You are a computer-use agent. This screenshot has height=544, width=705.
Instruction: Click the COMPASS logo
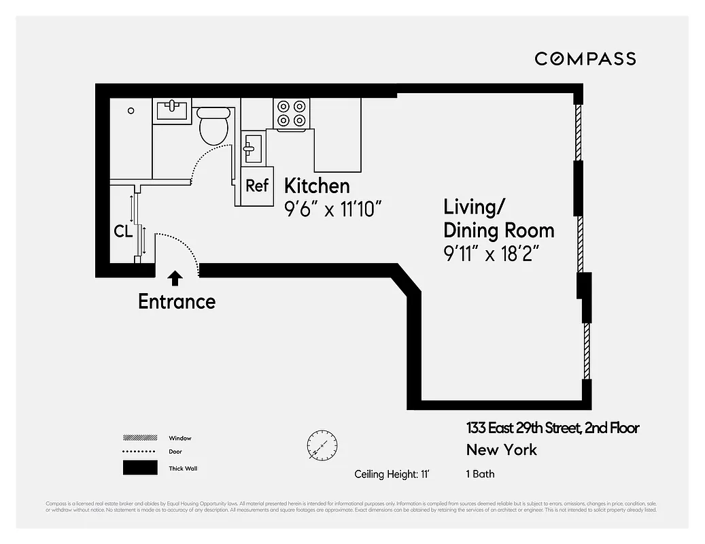click(585, 59)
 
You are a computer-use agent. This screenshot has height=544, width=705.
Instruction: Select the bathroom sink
click(173, 109)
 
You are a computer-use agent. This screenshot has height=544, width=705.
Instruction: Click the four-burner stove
click(292, 114)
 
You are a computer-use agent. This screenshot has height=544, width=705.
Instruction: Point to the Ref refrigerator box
click(257, 186)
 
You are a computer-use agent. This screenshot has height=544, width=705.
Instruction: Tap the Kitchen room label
click(317, 186)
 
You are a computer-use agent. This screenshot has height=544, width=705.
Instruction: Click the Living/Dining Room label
click(498, 218)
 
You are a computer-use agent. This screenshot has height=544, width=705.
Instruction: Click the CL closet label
click(123, 232)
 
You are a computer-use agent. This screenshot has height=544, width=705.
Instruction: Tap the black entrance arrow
click(175, 277)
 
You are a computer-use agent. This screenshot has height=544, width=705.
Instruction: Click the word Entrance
click(177, 301)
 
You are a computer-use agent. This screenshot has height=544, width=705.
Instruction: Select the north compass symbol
click(322, 447)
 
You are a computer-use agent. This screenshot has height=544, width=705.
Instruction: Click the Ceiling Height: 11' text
click(392, 474)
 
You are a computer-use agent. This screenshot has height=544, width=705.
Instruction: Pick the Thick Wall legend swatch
click(139, 468)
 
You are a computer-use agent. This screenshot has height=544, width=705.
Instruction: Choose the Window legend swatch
click(139, 438)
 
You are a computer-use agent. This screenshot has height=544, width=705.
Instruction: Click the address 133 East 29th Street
click(552, 428)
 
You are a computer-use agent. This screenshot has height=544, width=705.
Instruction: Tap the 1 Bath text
click(481, 474)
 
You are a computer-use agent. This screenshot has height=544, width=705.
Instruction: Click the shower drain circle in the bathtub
click(131, 110)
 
